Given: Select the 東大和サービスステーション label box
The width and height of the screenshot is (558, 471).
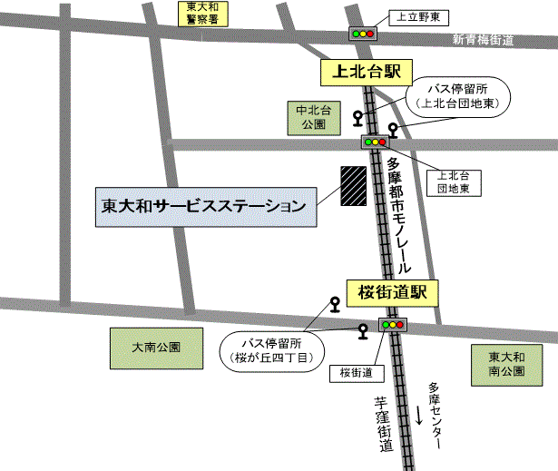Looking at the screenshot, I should (208, 207).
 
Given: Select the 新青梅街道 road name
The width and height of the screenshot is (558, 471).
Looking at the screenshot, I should (484, 40).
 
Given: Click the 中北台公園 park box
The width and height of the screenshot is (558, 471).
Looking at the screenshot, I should (311, 119).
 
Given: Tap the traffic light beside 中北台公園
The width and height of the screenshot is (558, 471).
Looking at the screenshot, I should (374, 142).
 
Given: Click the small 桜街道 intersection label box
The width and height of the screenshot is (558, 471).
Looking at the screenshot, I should (357, 372).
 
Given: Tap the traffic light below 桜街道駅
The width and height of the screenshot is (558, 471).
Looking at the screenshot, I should (394, 324).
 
